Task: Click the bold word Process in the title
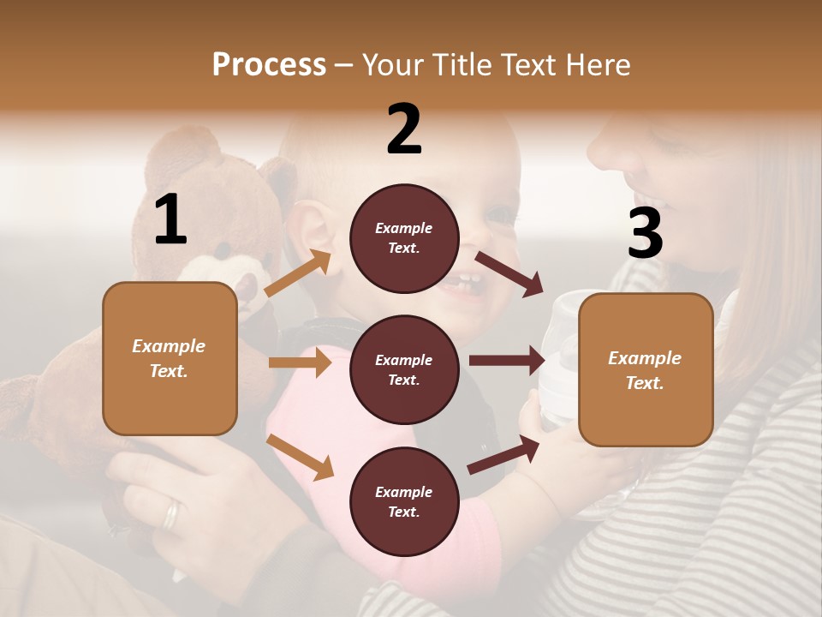point(269,65)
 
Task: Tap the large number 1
point(170,220)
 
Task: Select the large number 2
point(404,129)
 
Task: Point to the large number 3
point(645,233)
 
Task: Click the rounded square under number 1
point(170,358)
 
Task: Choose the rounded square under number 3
point(646,369)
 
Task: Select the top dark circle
point(404,238)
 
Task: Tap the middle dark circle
point(404,369)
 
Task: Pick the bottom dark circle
point(404,501)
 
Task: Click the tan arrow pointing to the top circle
point(298,273)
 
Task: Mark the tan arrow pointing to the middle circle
point(300,362)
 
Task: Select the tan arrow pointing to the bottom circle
point(300,457)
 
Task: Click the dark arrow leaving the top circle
point(509,273)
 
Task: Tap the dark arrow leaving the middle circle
point(506,361)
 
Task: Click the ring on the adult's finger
point(172,513)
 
